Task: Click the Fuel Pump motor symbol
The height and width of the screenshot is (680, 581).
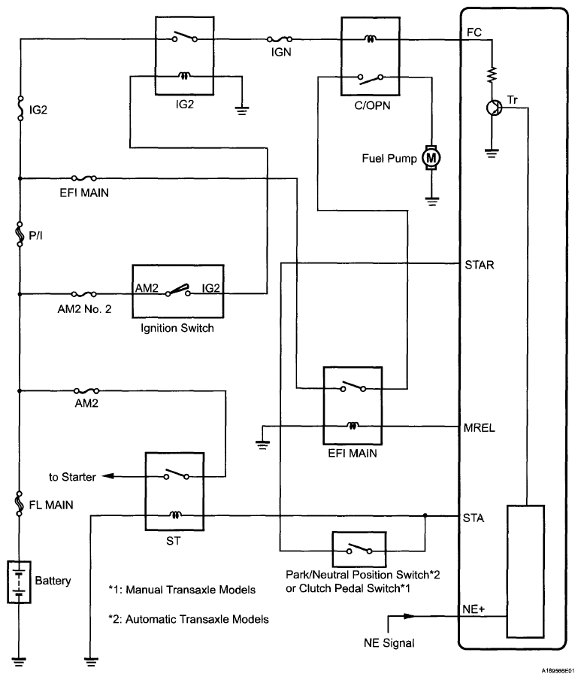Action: coord(431,157)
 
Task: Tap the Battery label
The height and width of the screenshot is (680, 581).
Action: coord(53,581)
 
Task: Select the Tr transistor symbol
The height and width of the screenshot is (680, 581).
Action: coord(493,108)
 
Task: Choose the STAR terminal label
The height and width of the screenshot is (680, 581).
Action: coord(479,265)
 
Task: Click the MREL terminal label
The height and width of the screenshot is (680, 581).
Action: coord(480,427)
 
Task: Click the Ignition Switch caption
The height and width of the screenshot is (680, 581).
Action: coord(177,327)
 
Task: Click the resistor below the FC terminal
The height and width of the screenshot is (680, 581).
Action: coord(492,74)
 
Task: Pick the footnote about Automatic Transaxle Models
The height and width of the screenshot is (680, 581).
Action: coord(189,620)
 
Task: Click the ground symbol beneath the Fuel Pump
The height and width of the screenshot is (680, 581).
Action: coord(431,200)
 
